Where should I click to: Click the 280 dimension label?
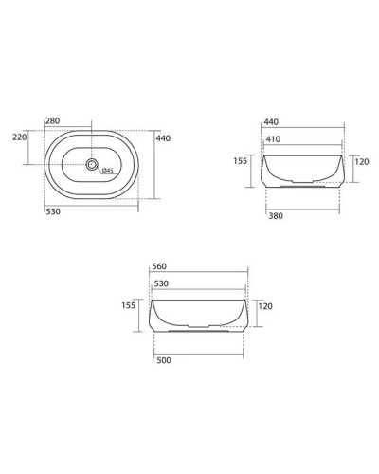pyautogui.click(x=52, y=120)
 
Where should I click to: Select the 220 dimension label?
pyautogui.click(x=20, y=137)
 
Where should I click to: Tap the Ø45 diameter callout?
pyautogui.click(x=108, y=171)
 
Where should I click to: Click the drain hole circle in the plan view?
pyautogui.click(x=92, y=165)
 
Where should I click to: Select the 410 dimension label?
pyautogui.click(x=273, y=139)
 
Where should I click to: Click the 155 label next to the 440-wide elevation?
pyautogui.click(x=241, y=161)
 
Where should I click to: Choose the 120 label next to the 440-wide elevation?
pyautogui.click(x=360, y=161)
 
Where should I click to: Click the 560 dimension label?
pyautogui.click(x=159, y=267)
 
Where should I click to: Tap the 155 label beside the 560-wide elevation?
pyautogui.click(x=129, y=305)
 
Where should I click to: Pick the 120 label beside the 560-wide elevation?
pyautogui.click(x=264, y=306)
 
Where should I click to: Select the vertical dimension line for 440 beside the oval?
pyautogui.click(x=153, y=165)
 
